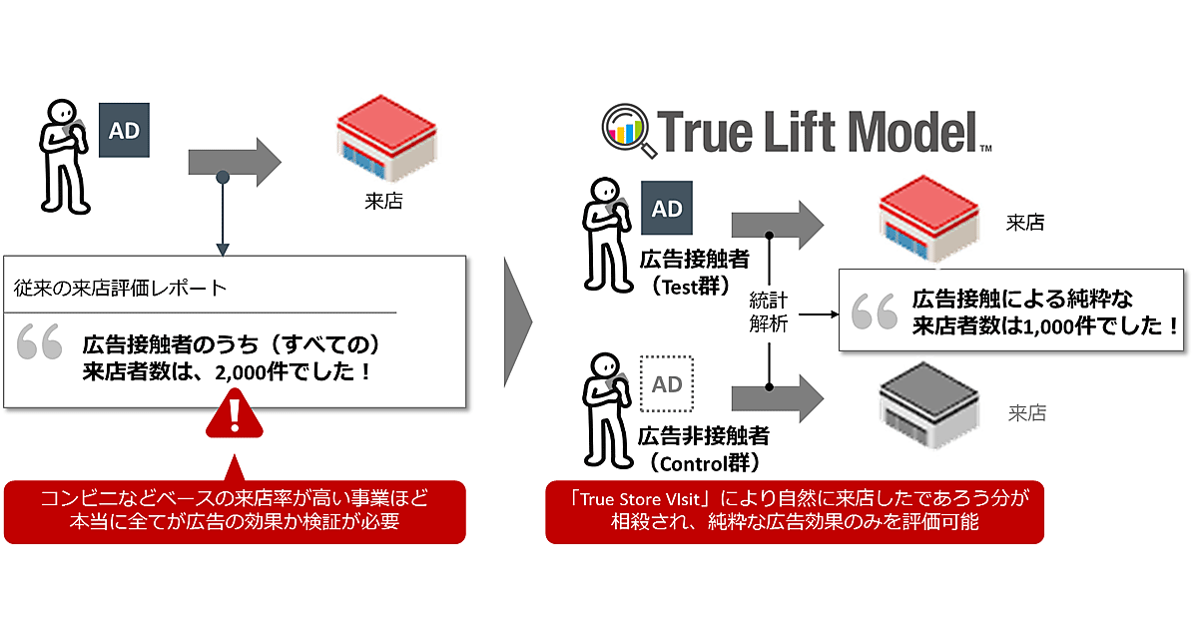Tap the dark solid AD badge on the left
(123, 130)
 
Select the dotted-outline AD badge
(667, 383)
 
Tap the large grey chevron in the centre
(518, 321)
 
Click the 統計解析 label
(770, 313)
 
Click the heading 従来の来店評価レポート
(121, 289)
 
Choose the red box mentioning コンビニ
(236, 511)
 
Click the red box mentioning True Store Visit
(794, 511)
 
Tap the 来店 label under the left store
(383, 202)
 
